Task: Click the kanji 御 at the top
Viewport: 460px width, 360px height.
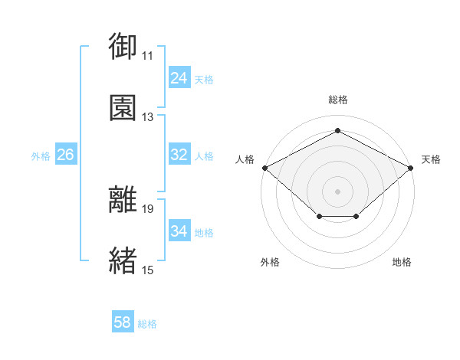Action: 123,46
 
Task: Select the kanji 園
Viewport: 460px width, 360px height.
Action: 123,107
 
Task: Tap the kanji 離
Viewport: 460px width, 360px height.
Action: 123,199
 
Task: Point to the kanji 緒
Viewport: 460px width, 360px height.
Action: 123,260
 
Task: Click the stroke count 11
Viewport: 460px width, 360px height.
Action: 147,56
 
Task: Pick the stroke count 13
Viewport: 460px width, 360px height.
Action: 147,117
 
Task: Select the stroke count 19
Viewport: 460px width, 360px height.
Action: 147,209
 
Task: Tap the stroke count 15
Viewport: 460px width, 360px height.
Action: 147,270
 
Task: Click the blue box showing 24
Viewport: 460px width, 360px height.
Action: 179,77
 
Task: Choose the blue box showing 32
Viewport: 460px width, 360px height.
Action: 179,154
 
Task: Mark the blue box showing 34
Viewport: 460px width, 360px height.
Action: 179,230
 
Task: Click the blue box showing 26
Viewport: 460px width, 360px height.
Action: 66,154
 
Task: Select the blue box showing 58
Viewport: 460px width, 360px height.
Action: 123,321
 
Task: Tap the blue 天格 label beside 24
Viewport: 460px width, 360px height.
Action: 204,80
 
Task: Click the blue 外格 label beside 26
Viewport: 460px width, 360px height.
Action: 41,156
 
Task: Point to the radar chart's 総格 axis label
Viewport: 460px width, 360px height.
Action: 338,100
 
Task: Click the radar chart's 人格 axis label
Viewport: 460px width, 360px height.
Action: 245,159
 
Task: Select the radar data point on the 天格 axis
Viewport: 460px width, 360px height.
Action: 410,168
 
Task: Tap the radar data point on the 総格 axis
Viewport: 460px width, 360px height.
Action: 337,130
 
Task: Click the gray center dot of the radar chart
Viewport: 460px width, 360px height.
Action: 337,191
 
